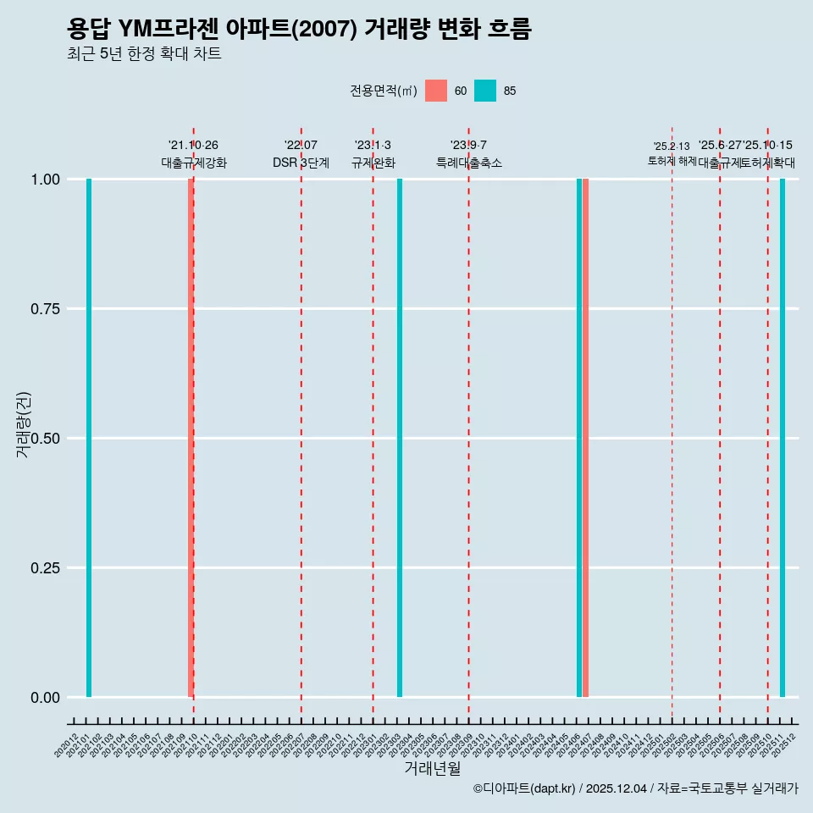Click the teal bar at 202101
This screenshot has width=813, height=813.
tap(89, 438)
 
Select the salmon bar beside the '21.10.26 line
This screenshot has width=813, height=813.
tap(191, 438)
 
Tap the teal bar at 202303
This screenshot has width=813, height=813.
tap(400, 438)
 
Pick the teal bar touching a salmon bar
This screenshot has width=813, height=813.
tap(579, 438)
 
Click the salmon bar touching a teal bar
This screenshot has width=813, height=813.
tap(585, 438)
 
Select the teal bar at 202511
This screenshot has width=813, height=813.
tap(783, 438)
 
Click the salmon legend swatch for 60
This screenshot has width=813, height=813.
tap(436, 91)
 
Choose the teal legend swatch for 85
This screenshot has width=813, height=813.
tap(485, 91)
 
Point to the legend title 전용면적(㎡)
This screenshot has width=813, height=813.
tap(383, 91)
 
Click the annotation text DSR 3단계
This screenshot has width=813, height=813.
tap(301, 163)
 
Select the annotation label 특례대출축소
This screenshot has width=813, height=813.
tap(469, 163)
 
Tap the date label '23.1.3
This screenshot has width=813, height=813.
tap(373, 146)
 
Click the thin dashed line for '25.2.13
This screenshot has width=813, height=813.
tap(672, 423)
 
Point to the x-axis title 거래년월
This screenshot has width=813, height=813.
tap(432, 769)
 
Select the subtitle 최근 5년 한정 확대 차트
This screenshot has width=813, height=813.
tap(144, 54)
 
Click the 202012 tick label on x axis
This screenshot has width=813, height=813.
tap(66, 746)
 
